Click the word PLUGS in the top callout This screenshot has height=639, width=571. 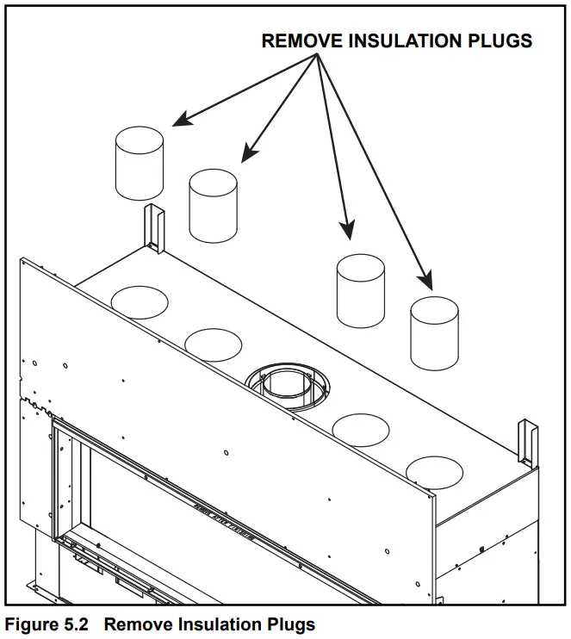[x=502, y=40]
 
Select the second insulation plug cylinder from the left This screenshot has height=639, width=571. [x=213, y=205]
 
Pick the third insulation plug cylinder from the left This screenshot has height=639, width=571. [x=360, y=291]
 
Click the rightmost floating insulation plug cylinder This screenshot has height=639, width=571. [x=434, y=332]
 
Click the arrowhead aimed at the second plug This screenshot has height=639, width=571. [x=248, y=155]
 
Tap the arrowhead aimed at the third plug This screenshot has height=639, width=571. [x=347, y=230]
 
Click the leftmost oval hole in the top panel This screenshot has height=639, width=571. [x=140, y=301]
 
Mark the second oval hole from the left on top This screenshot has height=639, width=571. [x=213, y=344]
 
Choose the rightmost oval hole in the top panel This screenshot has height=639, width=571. [x=435, y=470]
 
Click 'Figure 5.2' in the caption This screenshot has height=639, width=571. [x=47, y=624]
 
